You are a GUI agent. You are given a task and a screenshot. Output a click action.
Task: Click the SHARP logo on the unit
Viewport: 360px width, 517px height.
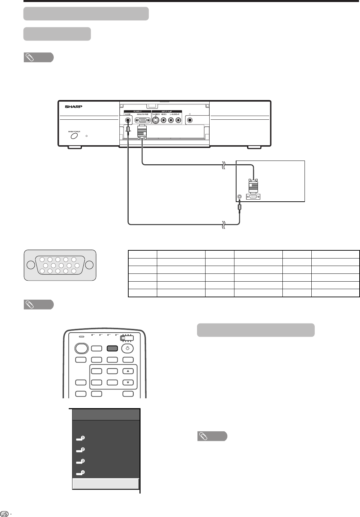74,106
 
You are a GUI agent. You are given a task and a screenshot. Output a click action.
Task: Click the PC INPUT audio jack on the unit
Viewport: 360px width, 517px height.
127,120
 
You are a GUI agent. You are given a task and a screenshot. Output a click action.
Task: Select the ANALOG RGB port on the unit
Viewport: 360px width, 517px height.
143,120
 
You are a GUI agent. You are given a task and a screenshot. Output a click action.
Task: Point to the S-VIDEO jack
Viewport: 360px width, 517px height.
156,120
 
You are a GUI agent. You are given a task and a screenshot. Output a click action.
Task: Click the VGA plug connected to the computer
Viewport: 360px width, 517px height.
253,186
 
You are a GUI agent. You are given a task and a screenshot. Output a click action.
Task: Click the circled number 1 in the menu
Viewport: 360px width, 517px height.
83,438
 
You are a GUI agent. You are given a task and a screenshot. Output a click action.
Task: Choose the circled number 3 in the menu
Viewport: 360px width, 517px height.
83,461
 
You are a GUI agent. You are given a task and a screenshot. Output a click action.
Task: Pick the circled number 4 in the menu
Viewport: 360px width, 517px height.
83,472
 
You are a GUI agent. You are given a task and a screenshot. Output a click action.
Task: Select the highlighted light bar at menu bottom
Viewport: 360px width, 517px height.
106,484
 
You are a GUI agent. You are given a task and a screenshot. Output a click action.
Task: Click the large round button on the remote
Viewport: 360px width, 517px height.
81,348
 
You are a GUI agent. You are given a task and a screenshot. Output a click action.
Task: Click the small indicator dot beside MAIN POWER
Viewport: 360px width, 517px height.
87,136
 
